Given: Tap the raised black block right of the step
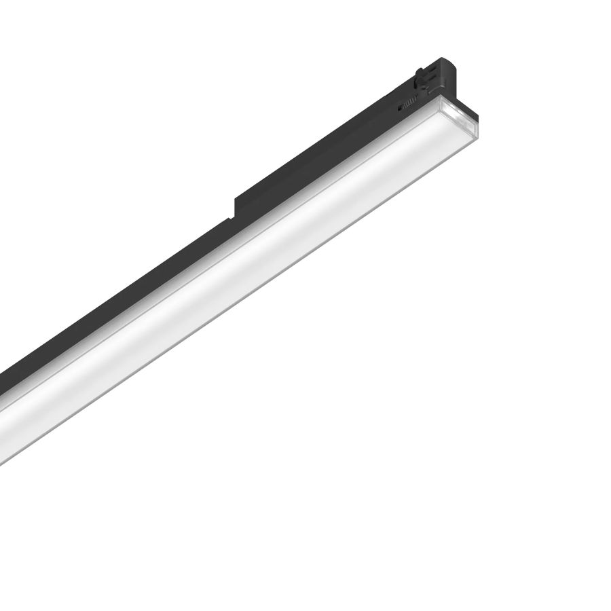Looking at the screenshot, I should [x=305, y=163].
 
